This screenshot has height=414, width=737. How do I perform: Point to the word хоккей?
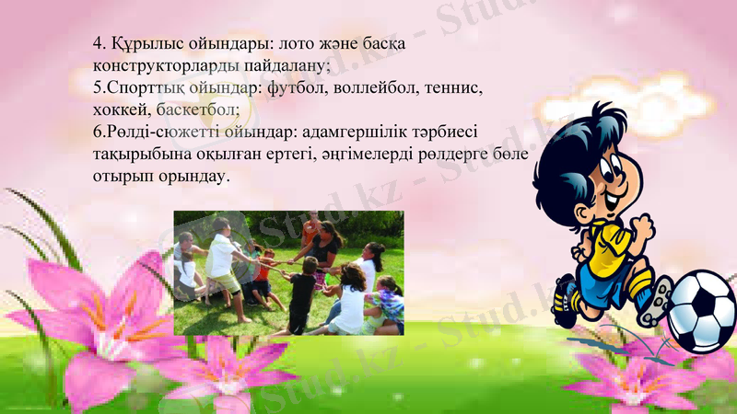click(x=121, y=110)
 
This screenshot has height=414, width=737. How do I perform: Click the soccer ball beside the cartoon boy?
click(x=701, y=311)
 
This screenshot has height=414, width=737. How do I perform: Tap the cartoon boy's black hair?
click(x=591, y=138)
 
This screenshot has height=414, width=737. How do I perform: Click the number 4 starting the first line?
click(x=97, y=44)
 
